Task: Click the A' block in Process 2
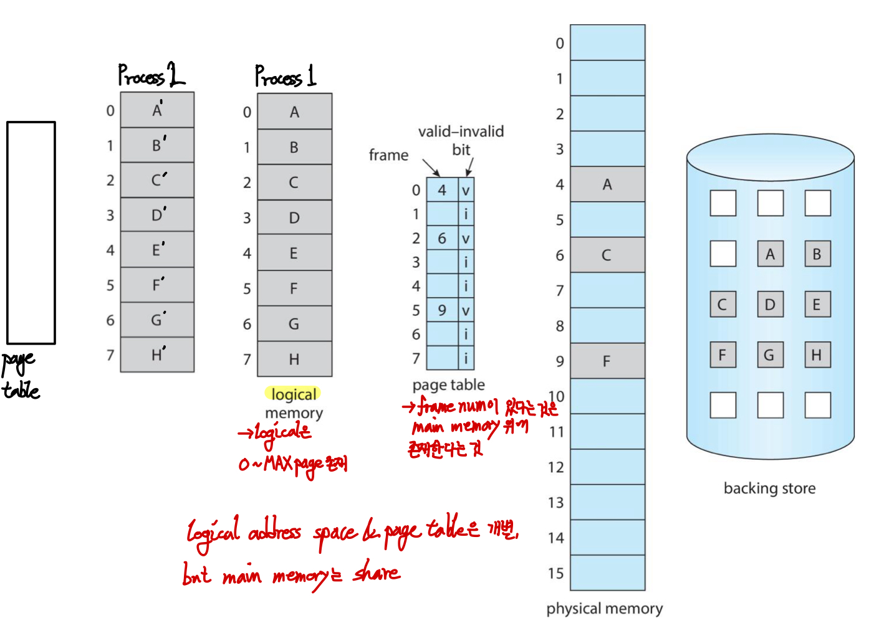click(x=157, y=110)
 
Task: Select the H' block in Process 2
click(x=157, y=354)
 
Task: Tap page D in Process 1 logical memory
click(x=294, y=217)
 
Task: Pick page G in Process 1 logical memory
click(x=294, y=323)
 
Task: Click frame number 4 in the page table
click(x=442, y=190)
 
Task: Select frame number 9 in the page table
click(x=442, y=310)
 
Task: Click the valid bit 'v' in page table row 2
click(x=466, y=239)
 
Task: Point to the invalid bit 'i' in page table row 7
click(x=466, y=358)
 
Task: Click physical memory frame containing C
click(x=607, y=255)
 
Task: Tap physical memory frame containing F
click(x=607, y=361)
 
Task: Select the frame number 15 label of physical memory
click(x=555, y=573)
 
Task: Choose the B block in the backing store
click(x=817, y=254)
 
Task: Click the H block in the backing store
click(x=817, y=354)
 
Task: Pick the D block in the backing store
click(x=770, y=305)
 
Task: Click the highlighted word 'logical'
click(x=294, y=394)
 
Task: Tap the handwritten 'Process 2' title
click(x=151, y=76)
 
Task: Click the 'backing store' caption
click(x=769, y=488)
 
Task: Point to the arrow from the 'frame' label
click(x=431, y=167)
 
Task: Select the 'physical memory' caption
click(x=604, y=608)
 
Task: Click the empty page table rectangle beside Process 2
click(x=31, y=232)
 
